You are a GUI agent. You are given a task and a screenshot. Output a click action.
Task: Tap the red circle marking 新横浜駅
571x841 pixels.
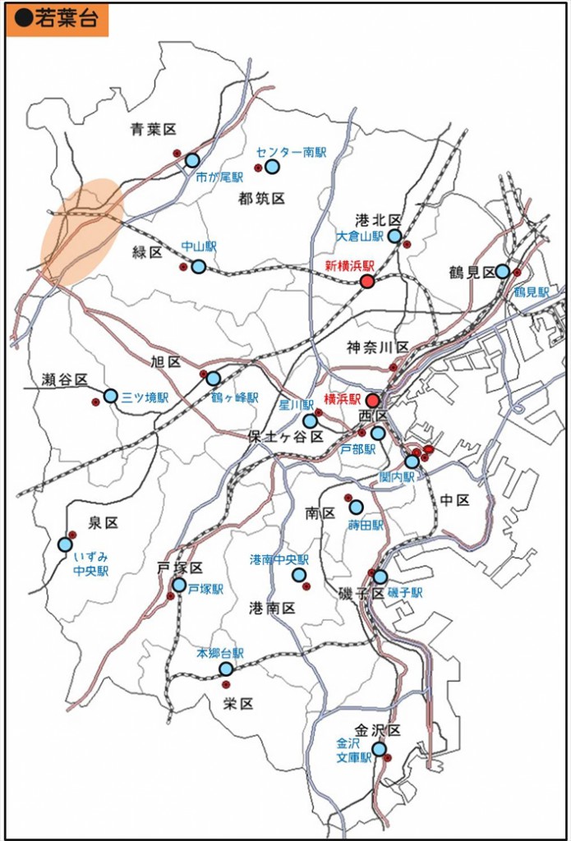pyautogui.click(x=367, y=282)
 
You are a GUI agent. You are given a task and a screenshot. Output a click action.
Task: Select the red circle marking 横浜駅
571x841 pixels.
pyautogui.click(x=372, y=401)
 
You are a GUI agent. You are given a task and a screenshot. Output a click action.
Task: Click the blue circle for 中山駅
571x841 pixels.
pyautogui.click(x=198, y=266)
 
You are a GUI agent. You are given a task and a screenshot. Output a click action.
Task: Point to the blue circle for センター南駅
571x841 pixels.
pyautogui.click(x=272, y=167)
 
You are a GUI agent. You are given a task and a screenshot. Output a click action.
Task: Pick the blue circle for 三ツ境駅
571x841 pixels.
pyautogui.click(x=111, y=396)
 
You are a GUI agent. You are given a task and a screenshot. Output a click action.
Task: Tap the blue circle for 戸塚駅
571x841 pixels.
pyautogui.click(x=179, y=585)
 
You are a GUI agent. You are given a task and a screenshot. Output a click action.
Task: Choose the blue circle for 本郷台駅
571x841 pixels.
pyautogui.click(x=226, y=669)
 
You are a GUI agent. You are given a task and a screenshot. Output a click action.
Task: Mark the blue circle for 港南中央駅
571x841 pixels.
pyautogui.click(x=298, y=575)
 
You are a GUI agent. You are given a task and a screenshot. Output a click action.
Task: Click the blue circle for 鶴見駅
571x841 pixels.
pyautogui.click(x=502, y=272)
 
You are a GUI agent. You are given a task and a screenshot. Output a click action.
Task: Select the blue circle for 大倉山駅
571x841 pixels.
pyautogui.click(x=394, y=237)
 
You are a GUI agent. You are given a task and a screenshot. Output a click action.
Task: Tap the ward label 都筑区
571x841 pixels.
pyautogui.click(x=261, y=198)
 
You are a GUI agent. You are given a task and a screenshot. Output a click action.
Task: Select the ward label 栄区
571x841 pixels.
pyautogui.click(x=237, y=704)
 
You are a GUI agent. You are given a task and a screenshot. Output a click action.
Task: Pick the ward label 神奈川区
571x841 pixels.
pyautogui.click(x=377, y=346)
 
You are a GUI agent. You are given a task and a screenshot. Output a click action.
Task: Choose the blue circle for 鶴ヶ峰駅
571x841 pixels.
pyautogui.click(x=214, y=379)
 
